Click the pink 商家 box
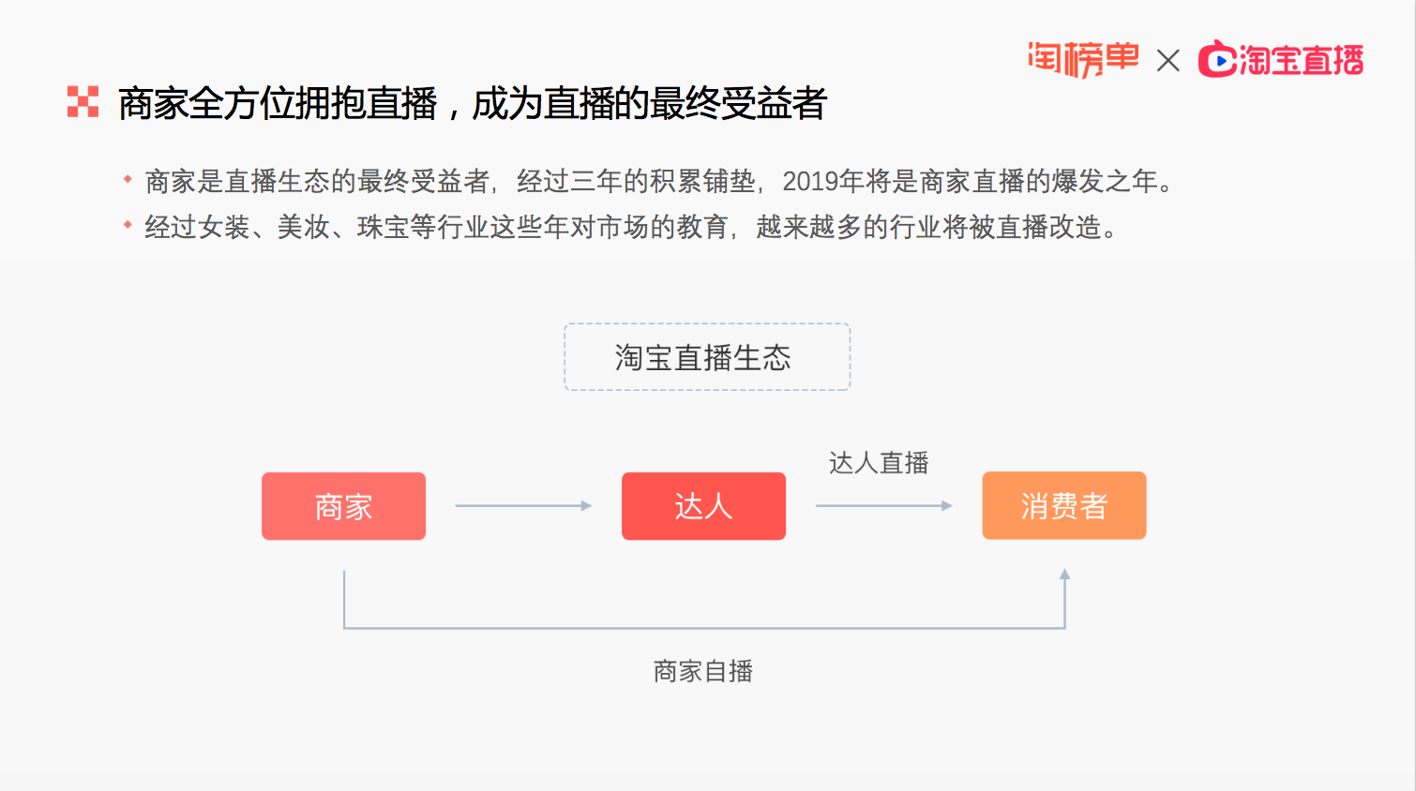[343, 506]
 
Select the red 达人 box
[703, 506]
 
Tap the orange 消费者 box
[1064, 505]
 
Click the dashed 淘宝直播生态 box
[707, 357]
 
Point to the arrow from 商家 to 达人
[523, 505]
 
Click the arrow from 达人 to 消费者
[883, 505]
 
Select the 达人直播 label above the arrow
[879, 463]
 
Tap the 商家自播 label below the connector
[703, 671]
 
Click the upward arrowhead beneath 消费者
[1064, 574]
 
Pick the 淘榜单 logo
[1083, 59]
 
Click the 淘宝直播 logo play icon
[1219, 61]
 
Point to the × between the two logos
[1168, 61]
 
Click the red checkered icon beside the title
[83, 102]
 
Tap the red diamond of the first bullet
[128, 179]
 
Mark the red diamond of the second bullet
[128, 224]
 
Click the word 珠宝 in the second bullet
[384, 228]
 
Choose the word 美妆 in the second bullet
[304, 228]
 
